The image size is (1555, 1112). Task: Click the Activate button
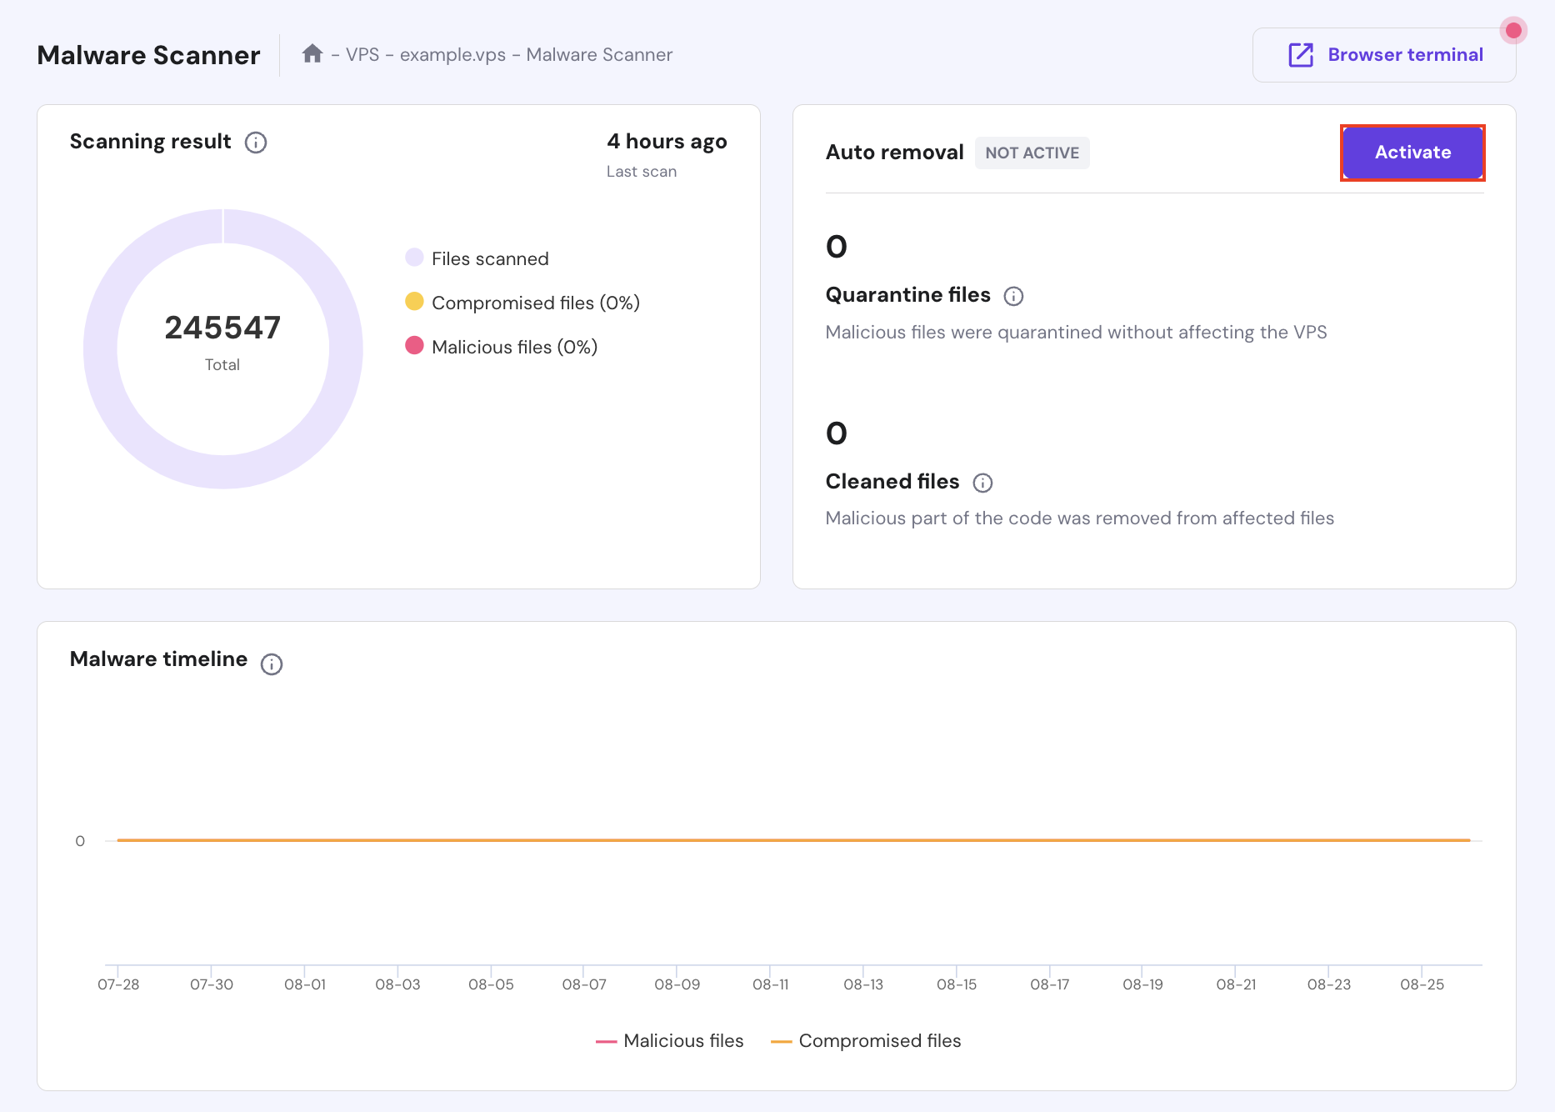coord(1412,153)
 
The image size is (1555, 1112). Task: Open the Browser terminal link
coord(1384,55)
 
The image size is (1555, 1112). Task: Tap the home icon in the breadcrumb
coord(312,54)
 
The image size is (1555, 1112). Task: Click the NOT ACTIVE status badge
coord(1032,153)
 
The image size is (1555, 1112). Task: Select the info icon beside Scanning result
coord(256,143)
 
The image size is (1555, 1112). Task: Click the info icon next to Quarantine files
coord(1013,296)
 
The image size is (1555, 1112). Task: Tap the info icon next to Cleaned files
coord(982,483)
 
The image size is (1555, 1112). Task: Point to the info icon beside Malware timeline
coord(272,664)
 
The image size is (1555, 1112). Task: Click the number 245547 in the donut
coord(222,328)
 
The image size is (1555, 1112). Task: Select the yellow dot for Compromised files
coord(414,302)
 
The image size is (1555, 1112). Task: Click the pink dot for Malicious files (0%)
coord(414,346)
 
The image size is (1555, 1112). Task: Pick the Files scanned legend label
coord(490,259)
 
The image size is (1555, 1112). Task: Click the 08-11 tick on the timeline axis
coord(770,984)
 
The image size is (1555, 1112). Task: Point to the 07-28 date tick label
coord(118,984)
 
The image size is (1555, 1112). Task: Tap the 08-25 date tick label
coord(1422,984)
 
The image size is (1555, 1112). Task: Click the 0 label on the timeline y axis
coord(80,841)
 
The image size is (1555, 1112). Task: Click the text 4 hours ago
coord(667,142)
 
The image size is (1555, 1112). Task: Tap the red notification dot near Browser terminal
coord(1513,31)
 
